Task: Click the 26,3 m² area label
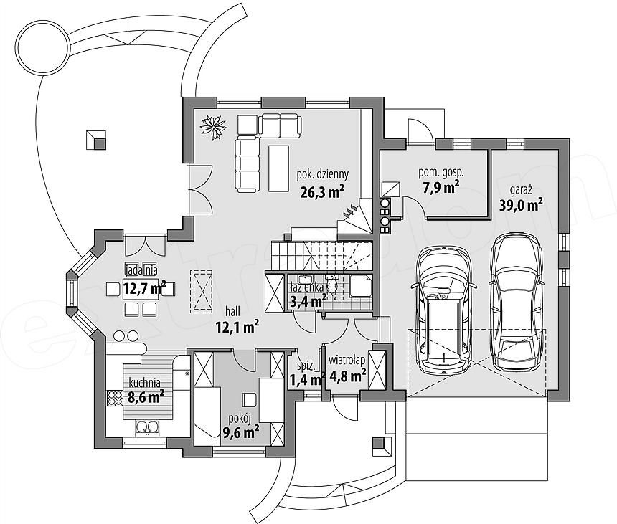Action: [323, 192]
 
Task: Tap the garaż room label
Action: [522, 190]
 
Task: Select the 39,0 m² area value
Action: [522, 205]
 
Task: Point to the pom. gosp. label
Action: [441, 172]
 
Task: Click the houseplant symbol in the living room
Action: [214, 127]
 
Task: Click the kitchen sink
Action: [147, 427]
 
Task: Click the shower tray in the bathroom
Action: [359, 287]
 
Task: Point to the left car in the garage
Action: [444, 310]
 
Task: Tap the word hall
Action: [232, 311]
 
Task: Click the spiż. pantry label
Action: [306, 366]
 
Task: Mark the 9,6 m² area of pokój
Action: [240, 432]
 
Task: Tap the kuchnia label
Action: [144, 382]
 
